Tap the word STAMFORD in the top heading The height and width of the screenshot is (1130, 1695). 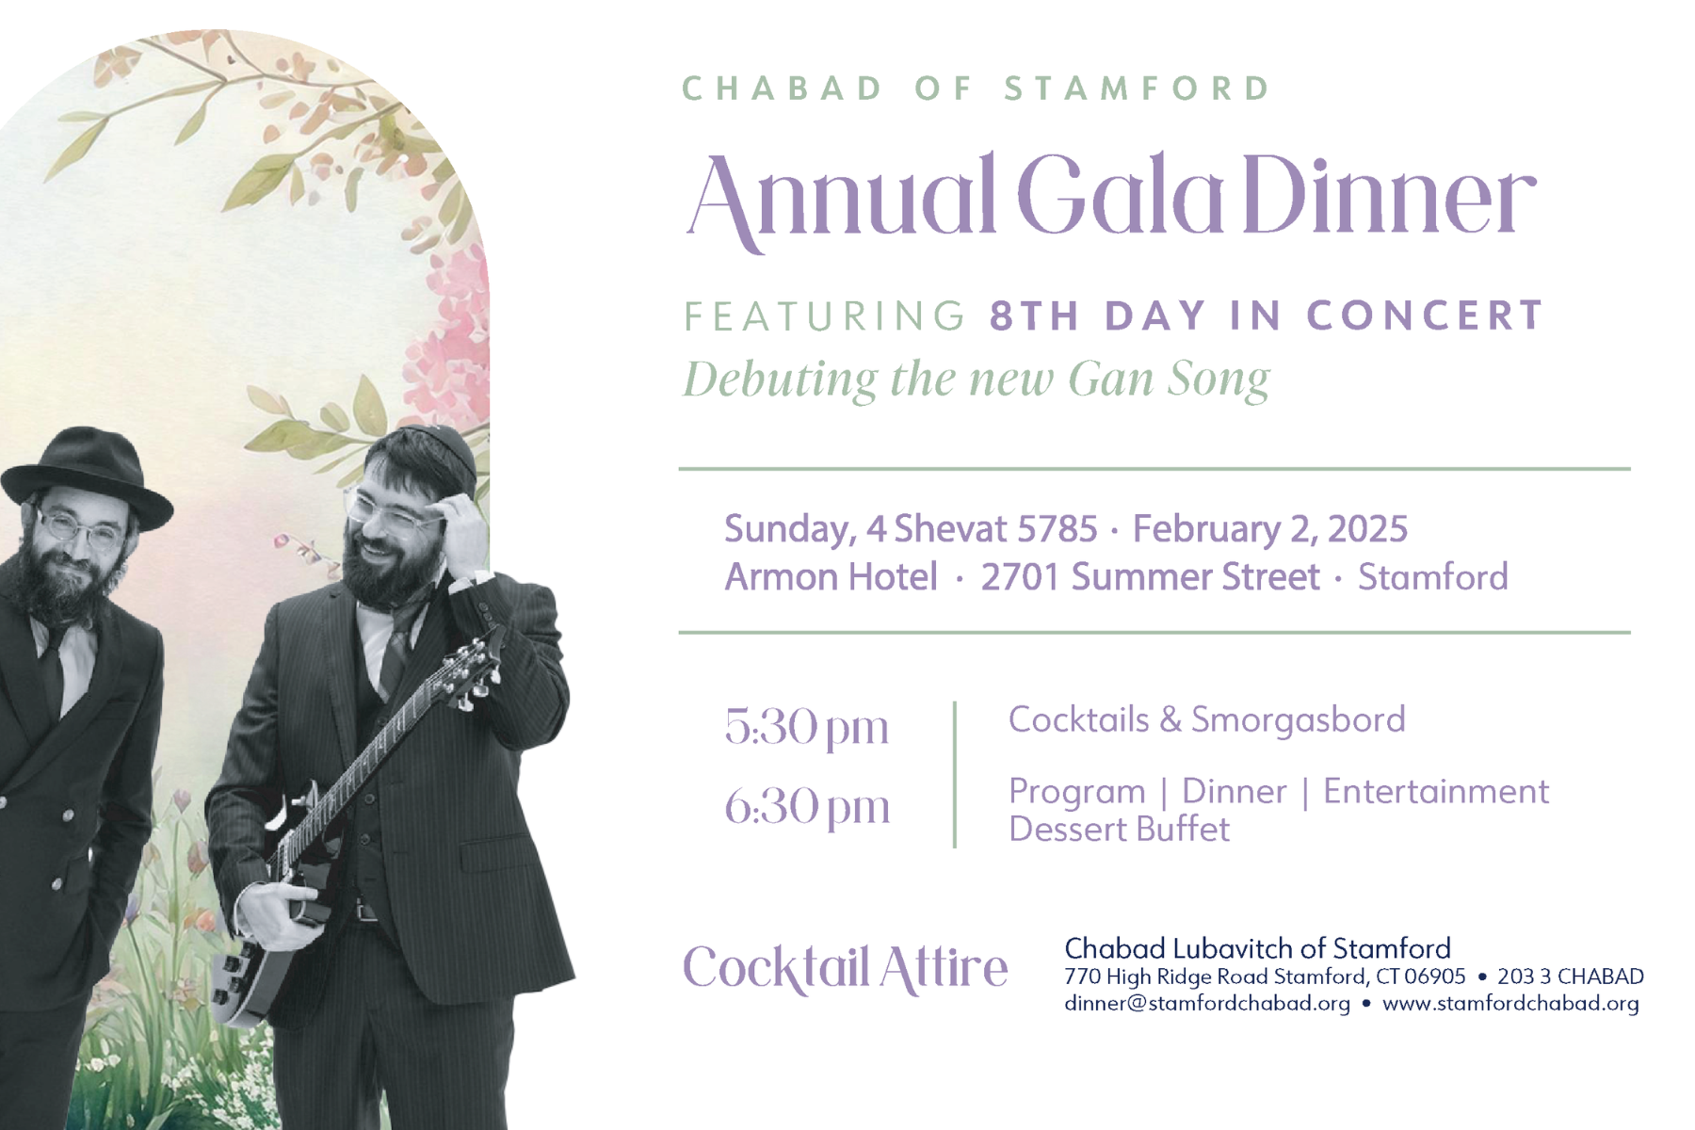(1138, 89)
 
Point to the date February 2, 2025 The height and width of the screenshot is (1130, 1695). (1269, 529)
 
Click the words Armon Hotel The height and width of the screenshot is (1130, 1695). (831, 577)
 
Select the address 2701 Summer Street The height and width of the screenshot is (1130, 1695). (1150, 577)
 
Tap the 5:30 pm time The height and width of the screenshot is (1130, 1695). (806, 727)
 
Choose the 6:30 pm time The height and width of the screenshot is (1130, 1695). (806, 807)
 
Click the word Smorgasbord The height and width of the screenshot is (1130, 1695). (1298, 719)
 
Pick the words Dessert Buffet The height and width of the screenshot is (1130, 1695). (1119, 830)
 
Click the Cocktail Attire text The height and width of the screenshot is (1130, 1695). (845, 968)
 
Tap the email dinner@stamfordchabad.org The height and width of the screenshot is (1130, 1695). (1207, 1004)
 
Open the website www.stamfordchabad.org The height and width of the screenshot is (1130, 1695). (1510, 1004)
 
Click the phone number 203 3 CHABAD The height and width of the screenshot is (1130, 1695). (1571, 977)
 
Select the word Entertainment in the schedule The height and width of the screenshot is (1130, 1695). (1435, 792)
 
